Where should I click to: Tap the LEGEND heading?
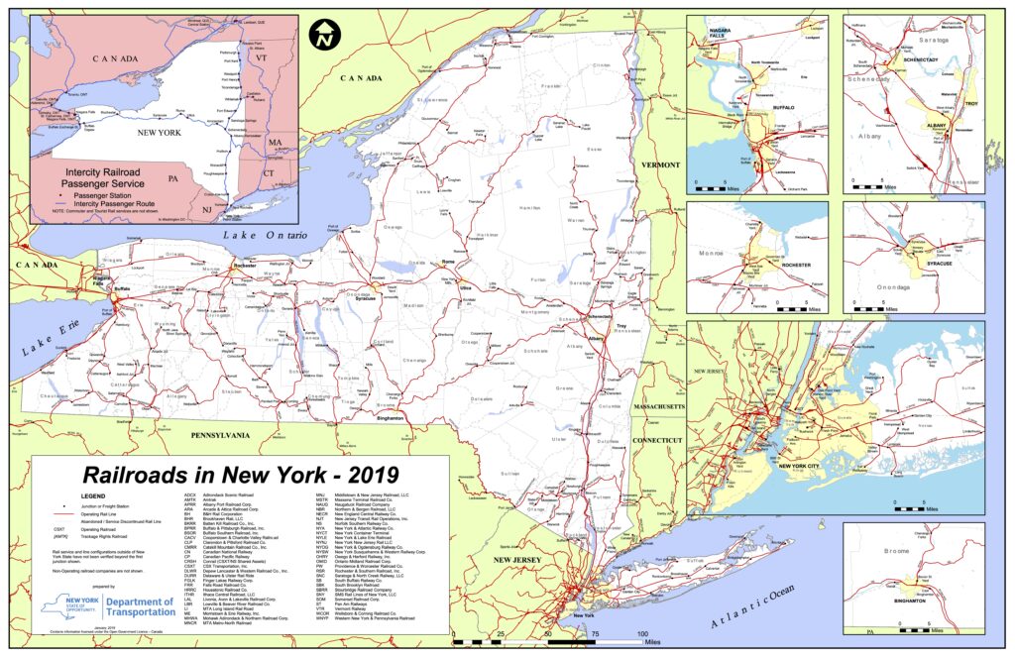(x=92, y=493)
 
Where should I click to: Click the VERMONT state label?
(x=660, y=164)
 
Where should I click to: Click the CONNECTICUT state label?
(x=658, y=439)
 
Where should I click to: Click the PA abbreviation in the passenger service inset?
(x=173, y=178)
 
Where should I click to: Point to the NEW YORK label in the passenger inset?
(x=159, y=132)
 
